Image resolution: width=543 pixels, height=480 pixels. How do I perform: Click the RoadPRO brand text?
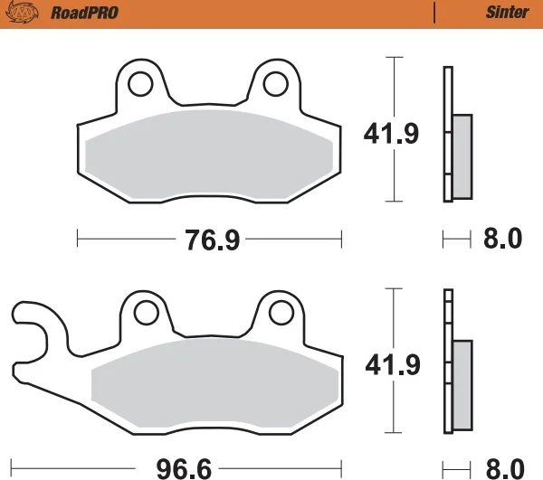(84, 13)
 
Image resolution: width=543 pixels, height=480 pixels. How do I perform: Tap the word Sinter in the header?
(508, 13)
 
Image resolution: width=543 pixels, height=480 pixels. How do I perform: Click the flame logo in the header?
(22, 13)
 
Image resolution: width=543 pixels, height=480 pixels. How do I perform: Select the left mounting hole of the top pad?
(140, 84)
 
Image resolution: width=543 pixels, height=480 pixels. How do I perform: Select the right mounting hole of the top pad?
(276, 84)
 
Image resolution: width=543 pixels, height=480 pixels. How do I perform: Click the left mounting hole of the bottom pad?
(146, 313)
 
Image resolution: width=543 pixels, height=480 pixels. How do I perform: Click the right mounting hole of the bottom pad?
(281, 313)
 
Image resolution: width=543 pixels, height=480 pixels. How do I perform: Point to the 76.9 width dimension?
(213, 240)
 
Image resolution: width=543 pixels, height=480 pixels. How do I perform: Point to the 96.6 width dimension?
(184, 469)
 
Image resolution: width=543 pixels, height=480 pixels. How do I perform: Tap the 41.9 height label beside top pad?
(391, 133)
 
